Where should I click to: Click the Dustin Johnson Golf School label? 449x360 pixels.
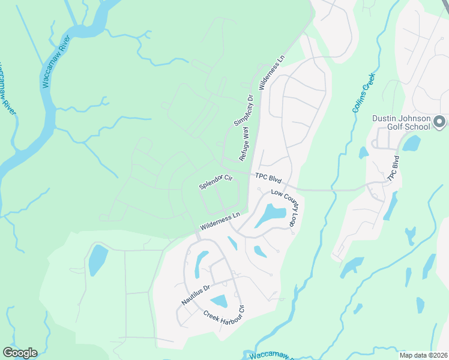tap(401, 122)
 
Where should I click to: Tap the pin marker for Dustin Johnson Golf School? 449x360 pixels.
tap(439, 122)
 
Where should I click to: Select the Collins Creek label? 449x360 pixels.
tap(363, 93)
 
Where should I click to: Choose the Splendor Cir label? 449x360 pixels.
tap(215, 182)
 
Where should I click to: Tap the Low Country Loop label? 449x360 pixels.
tap(288, 208)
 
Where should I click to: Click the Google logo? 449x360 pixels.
tap(20, 353)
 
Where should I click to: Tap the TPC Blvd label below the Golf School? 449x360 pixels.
tap(393, 169)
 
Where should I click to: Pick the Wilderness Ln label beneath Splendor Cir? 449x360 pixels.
tap(220, 220)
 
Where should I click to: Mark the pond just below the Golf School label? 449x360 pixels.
tap(411, 143)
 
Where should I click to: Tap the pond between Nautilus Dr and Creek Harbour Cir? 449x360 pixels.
tap(218, 302)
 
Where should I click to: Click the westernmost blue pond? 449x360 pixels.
tap(98, 259)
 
